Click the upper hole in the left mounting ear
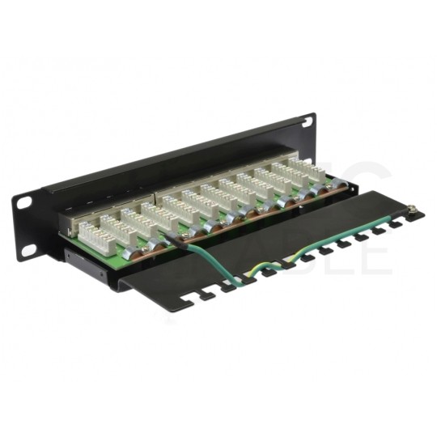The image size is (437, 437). pos(24,202)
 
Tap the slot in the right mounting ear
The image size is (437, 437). pos(308,121)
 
